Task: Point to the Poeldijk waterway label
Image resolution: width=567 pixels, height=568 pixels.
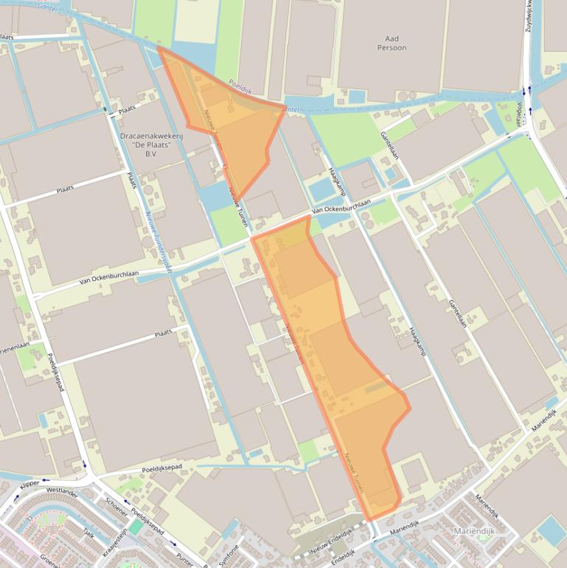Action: point(240,86)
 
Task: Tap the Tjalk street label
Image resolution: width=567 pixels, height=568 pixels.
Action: point(88,533)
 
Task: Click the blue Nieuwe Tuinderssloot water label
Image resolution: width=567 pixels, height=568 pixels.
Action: point(159,243)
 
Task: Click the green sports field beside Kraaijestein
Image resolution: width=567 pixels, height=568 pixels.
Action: point(136,527)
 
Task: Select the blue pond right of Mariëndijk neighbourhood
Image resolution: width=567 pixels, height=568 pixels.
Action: point(551,531)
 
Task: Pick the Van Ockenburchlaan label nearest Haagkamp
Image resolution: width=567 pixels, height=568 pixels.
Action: point(340,209)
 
